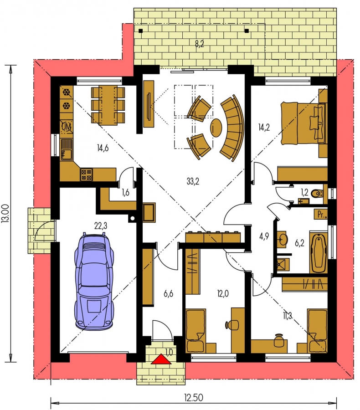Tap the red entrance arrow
161,359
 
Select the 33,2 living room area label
193,181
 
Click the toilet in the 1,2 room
318,194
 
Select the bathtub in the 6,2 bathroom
319,252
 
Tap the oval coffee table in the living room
216,128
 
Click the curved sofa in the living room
232,128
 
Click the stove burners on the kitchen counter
86,174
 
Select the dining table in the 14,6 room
108,105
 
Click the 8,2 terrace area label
199,44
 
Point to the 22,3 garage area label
101,225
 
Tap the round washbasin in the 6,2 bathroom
282,238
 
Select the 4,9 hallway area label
264,237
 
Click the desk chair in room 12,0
232,324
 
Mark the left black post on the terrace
141,31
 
